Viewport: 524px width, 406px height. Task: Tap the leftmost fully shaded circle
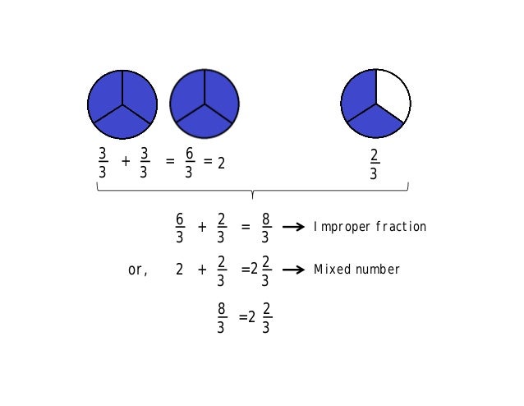[x=122, y=104]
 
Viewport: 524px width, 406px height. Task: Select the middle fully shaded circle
[x=205, y=104]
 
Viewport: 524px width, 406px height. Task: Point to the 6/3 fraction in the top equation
[x=188, y=163]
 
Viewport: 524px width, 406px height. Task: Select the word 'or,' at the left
[x=138, y=270]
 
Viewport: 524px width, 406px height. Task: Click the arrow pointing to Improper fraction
[x=294, y=227]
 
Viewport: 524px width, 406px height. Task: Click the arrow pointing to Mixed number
[x=294, y=270]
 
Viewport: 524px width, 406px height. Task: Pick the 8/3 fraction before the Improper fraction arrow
[x=264, y=228]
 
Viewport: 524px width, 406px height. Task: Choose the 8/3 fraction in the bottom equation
[x=221, y=318]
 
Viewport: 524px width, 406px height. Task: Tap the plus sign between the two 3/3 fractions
[x=126, y=162]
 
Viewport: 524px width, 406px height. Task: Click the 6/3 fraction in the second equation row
[x=180, y=228]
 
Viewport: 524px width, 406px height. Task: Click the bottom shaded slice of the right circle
[x=375, y=124]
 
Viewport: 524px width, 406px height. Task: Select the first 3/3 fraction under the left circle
[x=103, y=163]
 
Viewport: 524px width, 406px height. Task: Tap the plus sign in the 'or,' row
[x=202, y=269]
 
